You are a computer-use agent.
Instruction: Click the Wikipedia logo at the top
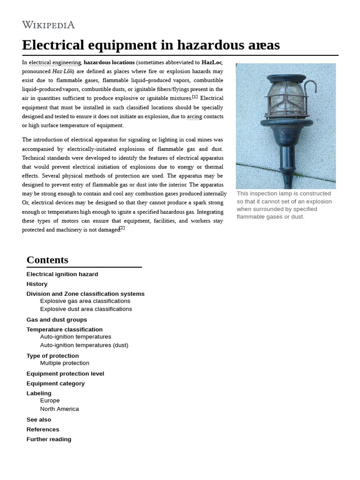point(48,25)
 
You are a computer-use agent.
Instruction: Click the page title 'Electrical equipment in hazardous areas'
point(150,45)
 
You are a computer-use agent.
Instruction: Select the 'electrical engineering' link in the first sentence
point(55,62)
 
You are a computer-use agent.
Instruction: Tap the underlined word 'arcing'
point(195,116)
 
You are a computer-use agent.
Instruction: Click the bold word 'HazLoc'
point(211,62)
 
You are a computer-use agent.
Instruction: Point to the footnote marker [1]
point(195,97)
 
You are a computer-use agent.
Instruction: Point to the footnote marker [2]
point(122,228)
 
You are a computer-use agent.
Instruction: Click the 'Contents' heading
point(47,260)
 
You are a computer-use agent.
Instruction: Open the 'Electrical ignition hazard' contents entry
point(62,274)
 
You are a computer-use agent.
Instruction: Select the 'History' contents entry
point(37,284)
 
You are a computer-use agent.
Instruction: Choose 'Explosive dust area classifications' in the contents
point(86,309)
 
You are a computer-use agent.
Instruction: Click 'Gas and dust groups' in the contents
point(57,320)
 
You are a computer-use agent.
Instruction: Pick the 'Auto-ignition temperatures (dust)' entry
point(84,345)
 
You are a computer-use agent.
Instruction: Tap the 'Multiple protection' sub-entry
point(65,363)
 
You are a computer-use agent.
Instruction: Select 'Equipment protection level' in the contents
point(65,374)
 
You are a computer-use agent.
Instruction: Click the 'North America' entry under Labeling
point(60,409)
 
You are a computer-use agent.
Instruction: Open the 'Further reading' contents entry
point(49,439)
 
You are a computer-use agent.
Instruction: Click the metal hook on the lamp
point(310,87)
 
